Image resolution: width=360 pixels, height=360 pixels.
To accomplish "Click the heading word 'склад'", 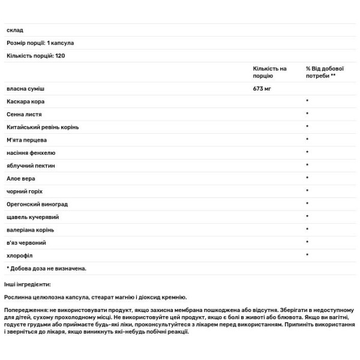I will pos(14,30).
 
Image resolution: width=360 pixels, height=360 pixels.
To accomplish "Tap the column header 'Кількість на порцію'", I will pos(269,72).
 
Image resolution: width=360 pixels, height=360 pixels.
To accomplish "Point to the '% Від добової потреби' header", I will pos(328,72).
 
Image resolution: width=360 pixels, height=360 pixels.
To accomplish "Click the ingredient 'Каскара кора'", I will pos(25,101).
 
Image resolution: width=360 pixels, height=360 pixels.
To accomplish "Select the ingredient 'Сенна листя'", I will pos(24,113).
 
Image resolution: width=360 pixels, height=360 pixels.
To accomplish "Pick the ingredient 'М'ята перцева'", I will pos(26,140).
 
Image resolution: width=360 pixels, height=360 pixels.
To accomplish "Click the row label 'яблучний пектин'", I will pos(28,166).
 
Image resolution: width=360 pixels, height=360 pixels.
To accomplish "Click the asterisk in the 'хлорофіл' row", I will pos(307,254).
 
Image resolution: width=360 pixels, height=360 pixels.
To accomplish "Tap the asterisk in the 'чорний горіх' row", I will pos(307,191).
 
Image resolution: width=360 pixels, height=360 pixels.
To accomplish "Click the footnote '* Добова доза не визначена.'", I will pos(46,268).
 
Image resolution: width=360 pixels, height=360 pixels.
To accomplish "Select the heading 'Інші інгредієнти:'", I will pos(29,283).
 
